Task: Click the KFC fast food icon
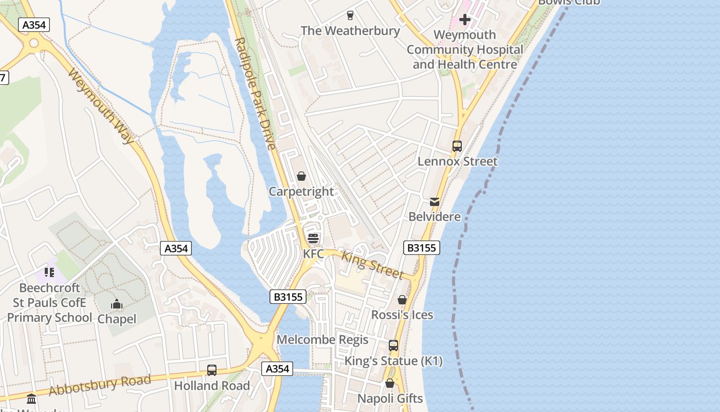313,238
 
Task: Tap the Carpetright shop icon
301,176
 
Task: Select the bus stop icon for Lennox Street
457,146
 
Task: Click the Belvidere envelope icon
435,201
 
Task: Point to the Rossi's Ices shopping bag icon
402,300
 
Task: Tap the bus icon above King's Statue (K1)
393,346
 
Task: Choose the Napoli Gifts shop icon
390,383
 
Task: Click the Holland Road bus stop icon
211,370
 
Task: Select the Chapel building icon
117,304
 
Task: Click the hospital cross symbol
465,20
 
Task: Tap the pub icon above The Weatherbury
350,15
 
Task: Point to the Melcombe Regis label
322,340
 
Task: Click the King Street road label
372,265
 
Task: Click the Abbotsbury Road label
100,385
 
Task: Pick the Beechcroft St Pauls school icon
49,272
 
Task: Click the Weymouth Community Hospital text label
465,50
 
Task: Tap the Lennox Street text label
457,162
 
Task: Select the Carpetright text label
301,192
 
